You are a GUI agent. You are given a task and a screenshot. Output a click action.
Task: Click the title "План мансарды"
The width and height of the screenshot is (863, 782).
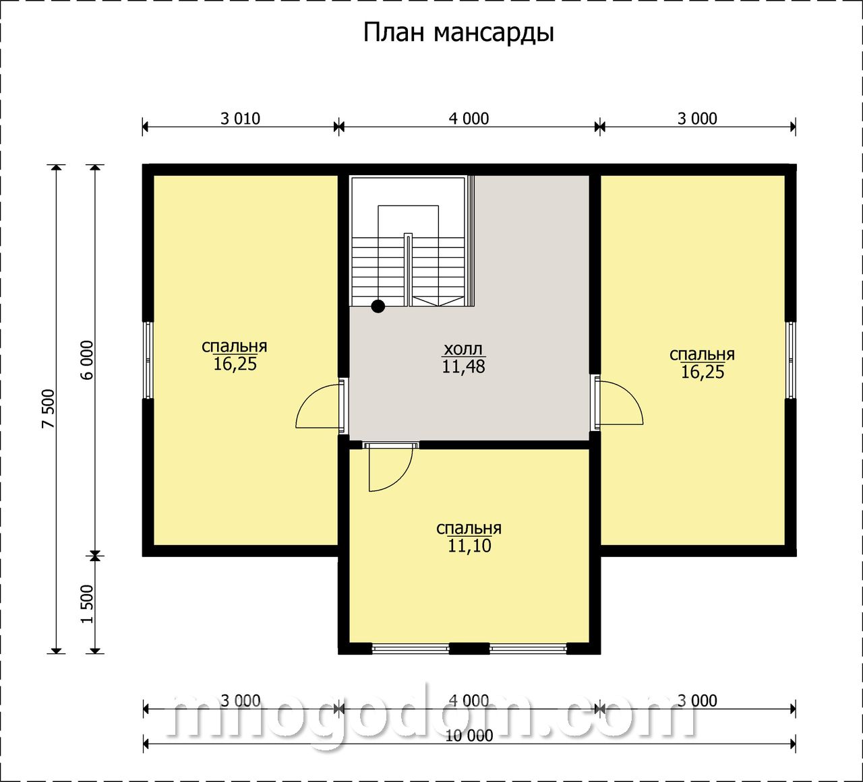coord(458,33)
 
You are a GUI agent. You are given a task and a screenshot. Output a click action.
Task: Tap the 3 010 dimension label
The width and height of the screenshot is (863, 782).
coord(240,119)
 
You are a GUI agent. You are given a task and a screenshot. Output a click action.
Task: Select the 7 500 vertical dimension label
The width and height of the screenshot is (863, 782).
coord(48,408)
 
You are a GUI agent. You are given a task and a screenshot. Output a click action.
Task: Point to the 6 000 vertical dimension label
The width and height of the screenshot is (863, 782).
coord(87,360)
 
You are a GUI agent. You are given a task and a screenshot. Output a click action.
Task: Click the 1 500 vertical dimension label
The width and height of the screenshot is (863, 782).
coord(87,604)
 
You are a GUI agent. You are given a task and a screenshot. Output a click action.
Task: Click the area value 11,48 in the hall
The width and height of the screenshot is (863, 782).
coord(464,366)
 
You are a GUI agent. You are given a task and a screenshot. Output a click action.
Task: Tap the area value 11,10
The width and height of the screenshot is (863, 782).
coord(469,546)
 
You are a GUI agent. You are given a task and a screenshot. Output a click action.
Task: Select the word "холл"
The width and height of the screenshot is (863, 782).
coord(463,349)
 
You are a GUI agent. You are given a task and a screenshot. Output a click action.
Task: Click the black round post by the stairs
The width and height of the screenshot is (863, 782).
coord(378,306)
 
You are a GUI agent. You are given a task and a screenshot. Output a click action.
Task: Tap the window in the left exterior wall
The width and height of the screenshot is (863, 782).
coord(148,360)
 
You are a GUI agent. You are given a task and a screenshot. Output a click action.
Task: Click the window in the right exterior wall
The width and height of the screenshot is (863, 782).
coord(791,360)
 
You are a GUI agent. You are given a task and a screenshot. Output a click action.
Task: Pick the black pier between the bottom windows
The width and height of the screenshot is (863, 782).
coord(469,660)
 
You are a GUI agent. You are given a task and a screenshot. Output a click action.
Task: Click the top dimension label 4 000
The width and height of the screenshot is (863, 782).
coord(469,119)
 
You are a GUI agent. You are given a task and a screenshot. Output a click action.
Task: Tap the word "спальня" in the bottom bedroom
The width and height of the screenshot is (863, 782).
coord(469,528)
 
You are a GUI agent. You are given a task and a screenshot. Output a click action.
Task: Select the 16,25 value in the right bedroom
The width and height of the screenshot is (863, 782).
coord(703,372)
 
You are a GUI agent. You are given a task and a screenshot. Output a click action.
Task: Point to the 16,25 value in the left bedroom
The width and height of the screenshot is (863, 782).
coord(235,364)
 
